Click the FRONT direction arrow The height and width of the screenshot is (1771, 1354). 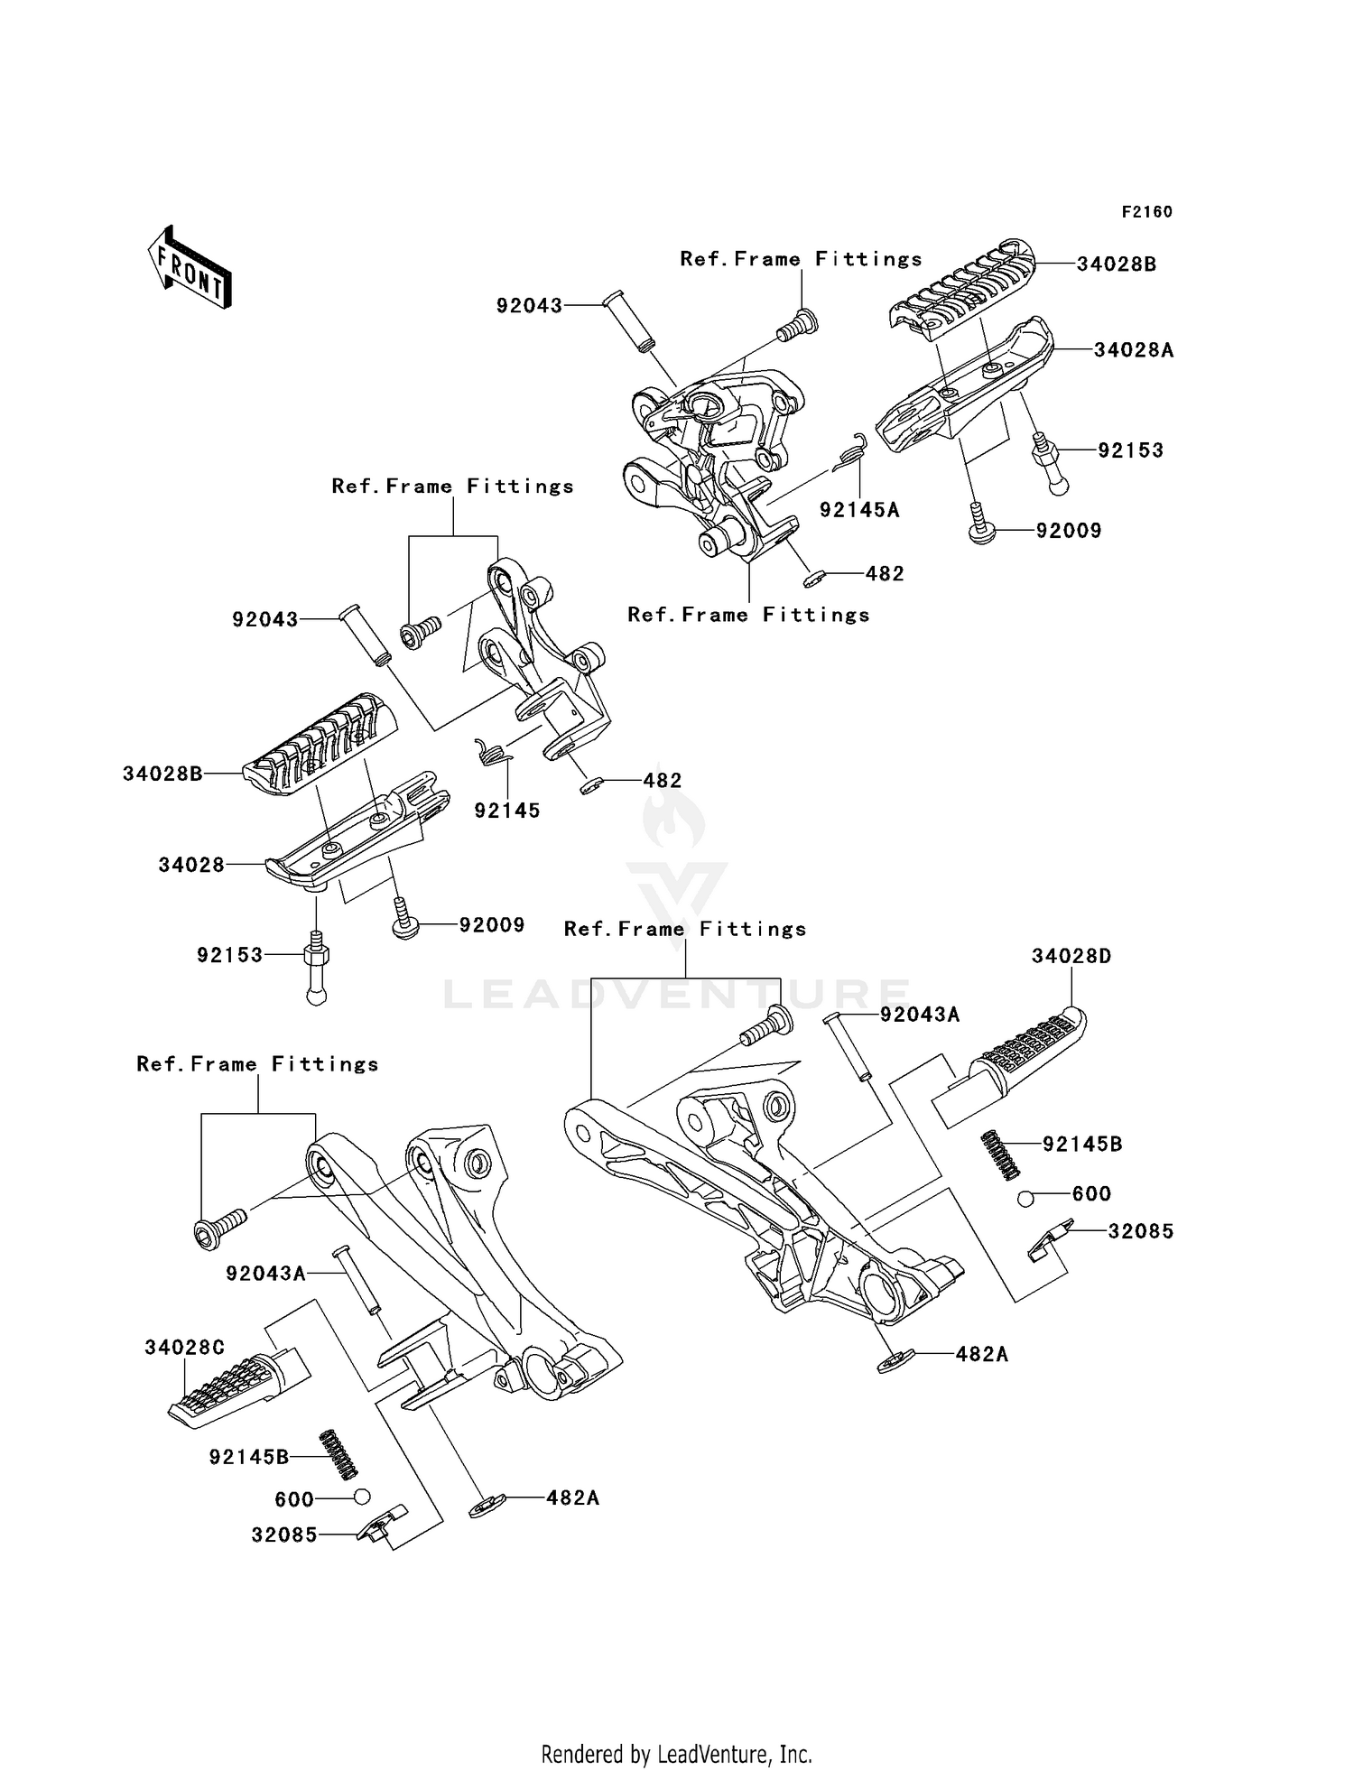190,268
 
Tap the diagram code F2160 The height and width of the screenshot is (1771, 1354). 1146,212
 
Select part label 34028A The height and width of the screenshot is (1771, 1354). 1134,350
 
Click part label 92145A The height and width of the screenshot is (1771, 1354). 859,510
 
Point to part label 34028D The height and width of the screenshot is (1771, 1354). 1071,956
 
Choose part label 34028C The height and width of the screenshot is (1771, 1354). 184,1348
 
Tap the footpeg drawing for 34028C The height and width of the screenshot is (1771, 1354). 239,1388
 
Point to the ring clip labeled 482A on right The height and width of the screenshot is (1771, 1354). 896,1360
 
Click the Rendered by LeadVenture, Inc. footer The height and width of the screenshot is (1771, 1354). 677,1754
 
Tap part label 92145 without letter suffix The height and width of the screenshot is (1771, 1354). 507,811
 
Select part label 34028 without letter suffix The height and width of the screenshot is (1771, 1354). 191,865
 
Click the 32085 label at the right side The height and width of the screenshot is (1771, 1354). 1141,1231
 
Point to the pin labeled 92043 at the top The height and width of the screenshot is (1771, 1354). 629,322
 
